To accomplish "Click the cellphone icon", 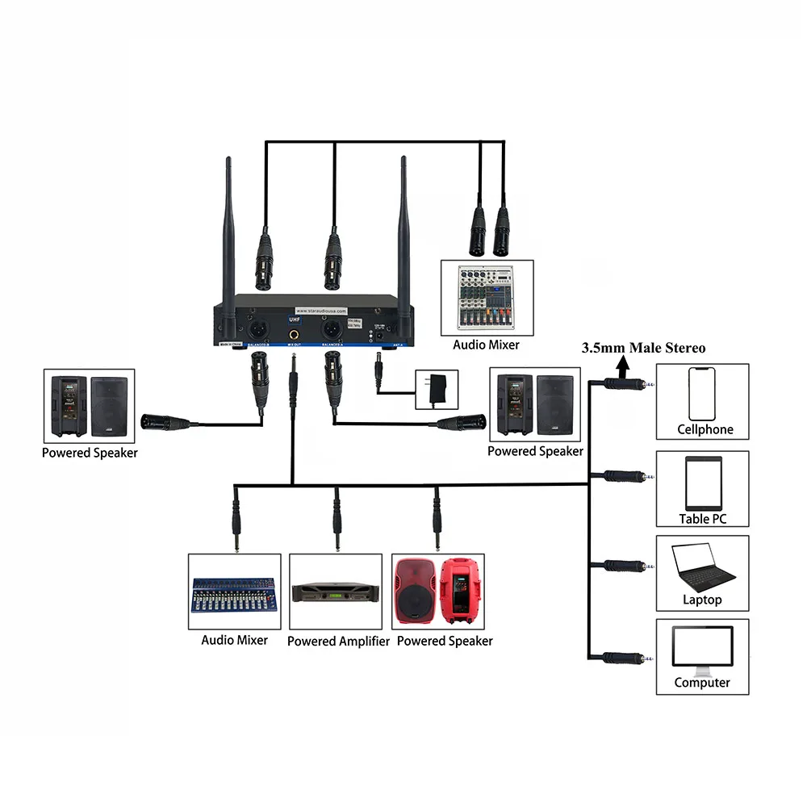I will tap(702, 393).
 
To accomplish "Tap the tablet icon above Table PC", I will tap(702, 481).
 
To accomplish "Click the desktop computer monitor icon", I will tap(702, 650).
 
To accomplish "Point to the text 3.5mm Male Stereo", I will tap(644, 348).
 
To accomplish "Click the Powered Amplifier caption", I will tap(338, 642).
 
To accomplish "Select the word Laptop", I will tap(702, 600).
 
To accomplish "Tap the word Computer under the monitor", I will tap(702, 683).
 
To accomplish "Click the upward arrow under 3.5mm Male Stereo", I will tap(623, 367).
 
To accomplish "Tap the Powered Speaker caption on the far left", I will tap(90, 453).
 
